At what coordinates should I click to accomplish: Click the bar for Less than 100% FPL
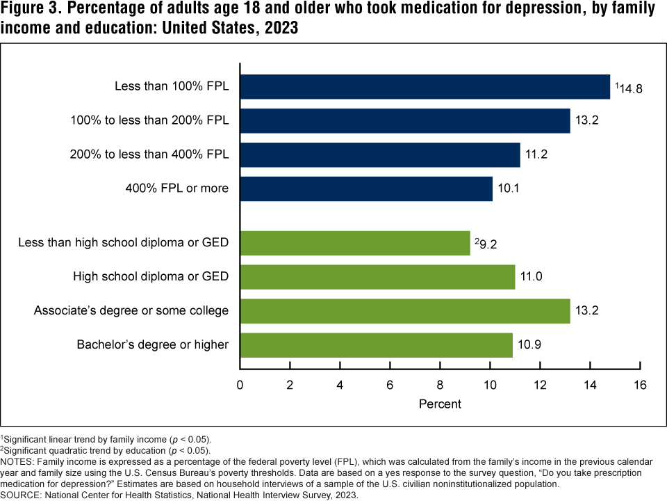[x=425, y=87]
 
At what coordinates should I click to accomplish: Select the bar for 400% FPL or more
[x=366, y=189]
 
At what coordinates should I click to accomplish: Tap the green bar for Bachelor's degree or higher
[x=376, y=344]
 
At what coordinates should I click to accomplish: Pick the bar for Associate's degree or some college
[x=405, y=310]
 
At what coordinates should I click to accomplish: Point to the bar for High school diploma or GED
[x=377, y=277]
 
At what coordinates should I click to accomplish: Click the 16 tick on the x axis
[x=640, y=385]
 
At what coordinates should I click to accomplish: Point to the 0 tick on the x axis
[x=240, y=385]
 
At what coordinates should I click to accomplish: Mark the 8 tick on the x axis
[x=440, y=385]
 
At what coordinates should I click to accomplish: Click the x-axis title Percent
[x=440, y=404]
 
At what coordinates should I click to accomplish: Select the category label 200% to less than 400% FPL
[x=149, y=154]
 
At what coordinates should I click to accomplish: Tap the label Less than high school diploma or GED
[x=123, y=243]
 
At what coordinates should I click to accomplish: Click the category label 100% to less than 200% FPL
[x=149, y=121]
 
